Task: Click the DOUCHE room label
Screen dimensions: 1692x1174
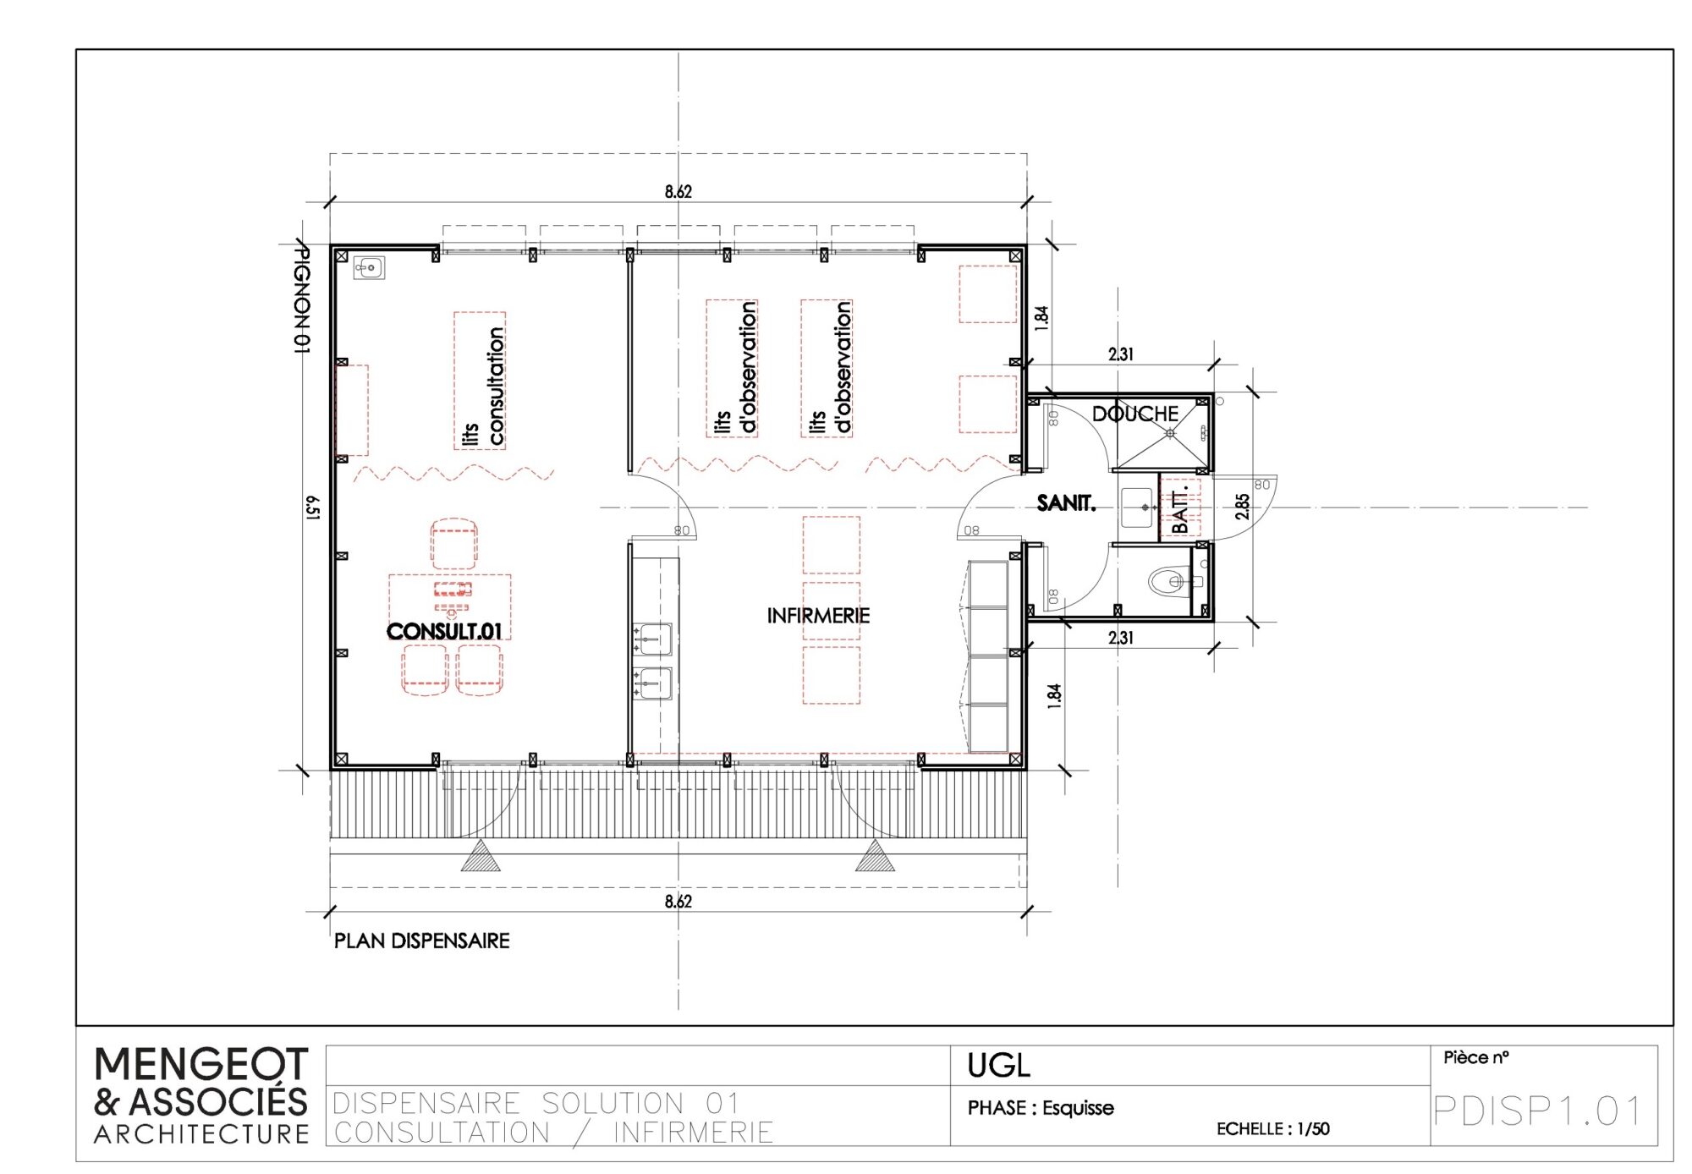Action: tap(1134, 414)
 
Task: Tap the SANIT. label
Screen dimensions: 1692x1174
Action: tap(1066, 503)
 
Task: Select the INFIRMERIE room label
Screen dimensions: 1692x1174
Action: tap(818, 616)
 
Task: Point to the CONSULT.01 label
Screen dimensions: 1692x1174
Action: tap(444, 631)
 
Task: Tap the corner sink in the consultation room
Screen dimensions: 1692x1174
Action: tap(369, 268)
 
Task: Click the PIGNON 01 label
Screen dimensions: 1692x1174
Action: tap(300, 298)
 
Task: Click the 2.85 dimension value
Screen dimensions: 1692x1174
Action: tap(1242, 507)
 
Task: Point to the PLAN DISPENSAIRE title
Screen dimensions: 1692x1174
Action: tap(421, 941)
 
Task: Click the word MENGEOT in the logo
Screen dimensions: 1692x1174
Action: tap(201, 1064)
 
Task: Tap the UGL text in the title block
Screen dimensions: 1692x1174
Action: tap(998, 1066)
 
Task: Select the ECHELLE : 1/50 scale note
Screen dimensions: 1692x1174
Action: tap(1272, 1128)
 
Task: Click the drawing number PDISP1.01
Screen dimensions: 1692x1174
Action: tap(1537, 1111)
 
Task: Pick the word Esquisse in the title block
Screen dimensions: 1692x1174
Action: tap(1078, 1108)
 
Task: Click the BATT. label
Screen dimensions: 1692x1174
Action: tap(1181, 509)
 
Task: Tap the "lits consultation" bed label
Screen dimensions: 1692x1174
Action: tap(484, 387)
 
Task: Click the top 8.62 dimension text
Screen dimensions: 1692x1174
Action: tap(678, 191)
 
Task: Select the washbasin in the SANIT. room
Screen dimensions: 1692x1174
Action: tap(1139, 507)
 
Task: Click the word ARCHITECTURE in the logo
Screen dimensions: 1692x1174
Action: tap(201, 1134)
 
